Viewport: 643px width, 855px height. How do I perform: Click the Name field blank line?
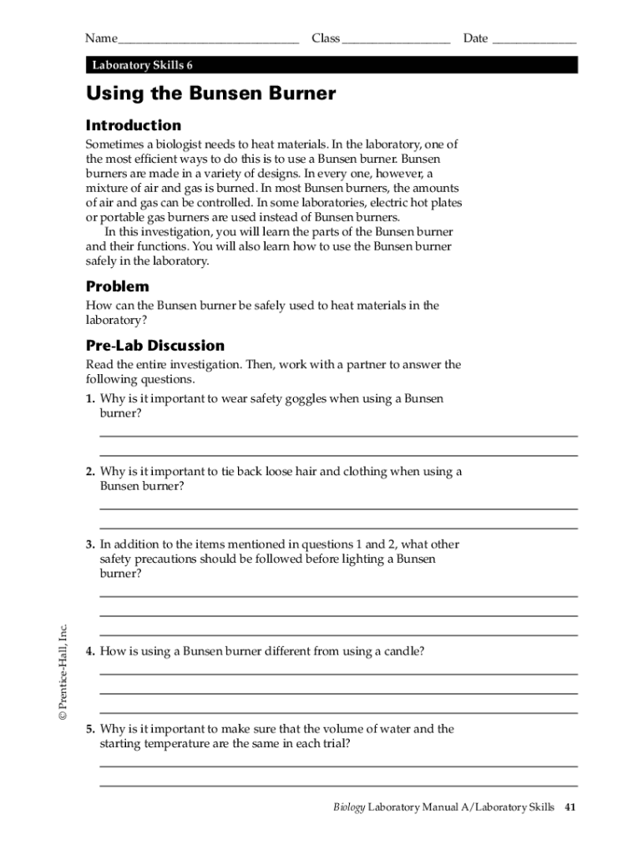209,39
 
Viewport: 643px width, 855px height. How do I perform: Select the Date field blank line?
534,39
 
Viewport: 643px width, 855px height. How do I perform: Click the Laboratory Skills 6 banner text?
143,65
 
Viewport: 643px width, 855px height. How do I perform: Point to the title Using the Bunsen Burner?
210,94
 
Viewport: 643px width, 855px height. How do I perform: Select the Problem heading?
118,286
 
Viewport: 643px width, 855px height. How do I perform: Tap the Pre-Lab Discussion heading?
155,345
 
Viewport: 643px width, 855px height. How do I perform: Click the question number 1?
89,399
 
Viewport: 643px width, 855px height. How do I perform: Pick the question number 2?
89,472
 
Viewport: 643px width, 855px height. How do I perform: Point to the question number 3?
89,544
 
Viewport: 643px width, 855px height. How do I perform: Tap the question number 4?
89,651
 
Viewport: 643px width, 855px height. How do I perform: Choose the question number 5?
89,729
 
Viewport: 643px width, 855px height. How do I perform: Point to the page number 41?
571,807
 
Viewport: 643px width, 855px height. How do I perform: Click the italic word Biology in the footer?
349,807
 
